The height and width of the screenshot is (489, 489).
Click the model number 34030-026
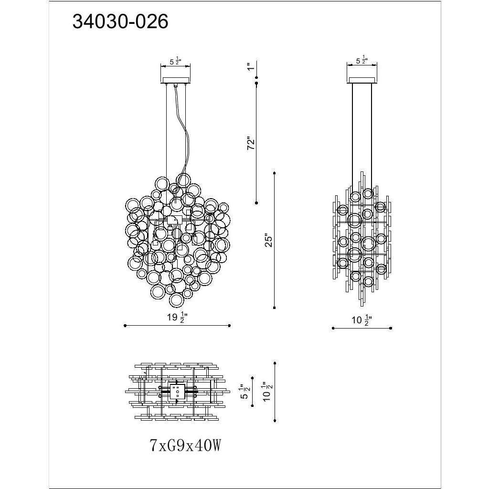coord(120,22)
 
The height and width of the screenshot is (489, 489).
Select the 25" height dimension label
coord(268,240)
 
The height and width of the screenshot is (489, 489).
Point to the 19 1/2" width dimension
coord(177,318)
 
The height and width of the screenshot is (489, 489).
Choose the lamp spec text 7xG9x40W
coord(186,445)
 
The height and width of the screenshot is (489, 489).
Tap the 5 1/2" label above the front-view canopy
coord(175,61)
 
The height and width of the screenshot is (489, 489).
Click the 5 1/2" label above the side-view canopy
coord(362,61)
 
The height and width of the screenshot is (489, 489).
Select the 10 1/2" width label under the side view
coord(362,320)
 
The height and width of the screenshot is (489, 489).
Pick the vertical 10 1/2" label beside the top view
coord(268,392)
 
